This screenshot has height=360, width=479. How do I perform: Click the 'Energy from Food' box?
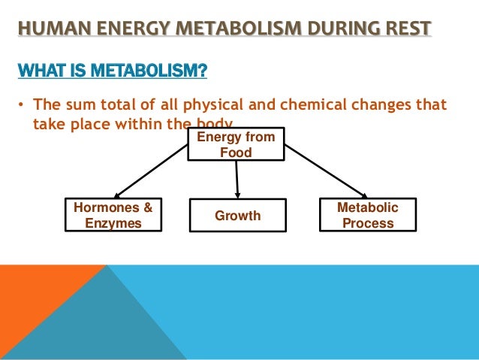pos(236,144)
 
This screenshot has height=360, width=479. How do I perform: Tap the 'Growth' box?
pos(237,216)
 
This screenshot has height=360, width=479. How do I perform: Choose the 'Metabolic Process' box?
pos(368,215)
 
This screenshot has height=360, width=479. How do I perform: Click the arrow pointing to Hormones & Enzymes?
pos(151,171)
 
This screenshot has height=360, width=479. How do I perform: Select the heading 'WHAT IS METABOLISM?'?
pos(113,72)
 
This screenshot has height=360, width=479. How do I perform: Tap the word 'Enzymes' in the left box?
pos(113,223)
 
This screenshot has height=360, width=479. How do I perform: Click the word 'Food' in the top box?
pos(236,153)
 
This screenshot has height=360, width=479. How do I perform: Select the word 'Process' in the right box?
pos(368,223)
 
